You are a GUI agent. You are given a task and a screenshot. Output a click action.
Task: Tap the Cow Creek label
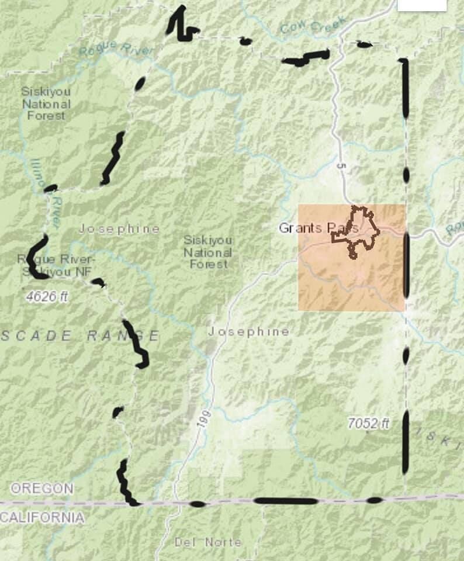point(313,25)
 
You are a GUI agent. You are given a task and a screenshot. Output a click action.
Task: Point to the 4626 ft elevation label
point(47,297)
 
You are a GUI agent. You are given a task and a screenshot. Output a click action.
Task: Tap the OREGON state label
point(42,489)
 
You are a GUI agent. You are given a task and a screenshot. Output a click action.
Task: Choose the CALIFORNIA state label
point(42,517)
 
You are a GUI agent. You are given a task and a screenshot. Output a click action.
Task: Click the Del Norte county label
point(207,542)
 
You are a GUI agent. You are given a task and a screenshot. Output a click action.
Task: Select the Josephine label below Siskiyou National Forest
point(249,332)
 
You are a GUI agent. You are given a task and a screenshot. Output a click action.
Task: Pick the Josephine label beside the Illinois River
point(119,228)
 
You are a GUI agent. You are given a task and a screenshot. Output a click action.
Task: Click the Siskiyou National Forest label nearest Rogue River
point(46,103)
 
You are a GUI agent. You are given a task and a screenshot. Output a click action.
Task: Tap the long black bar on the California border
point(286,501)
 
